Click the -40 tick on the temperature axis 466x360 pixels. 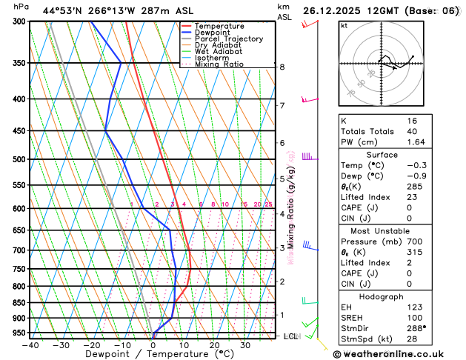coord(30,344)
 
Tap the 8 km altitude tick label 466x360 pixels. coord(282,67)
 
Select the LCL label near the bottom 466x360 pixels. coord(290,336)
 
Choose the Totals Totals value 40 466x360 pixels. coord(413,130)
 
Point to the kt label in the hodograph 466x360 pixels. coord(344,25)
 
